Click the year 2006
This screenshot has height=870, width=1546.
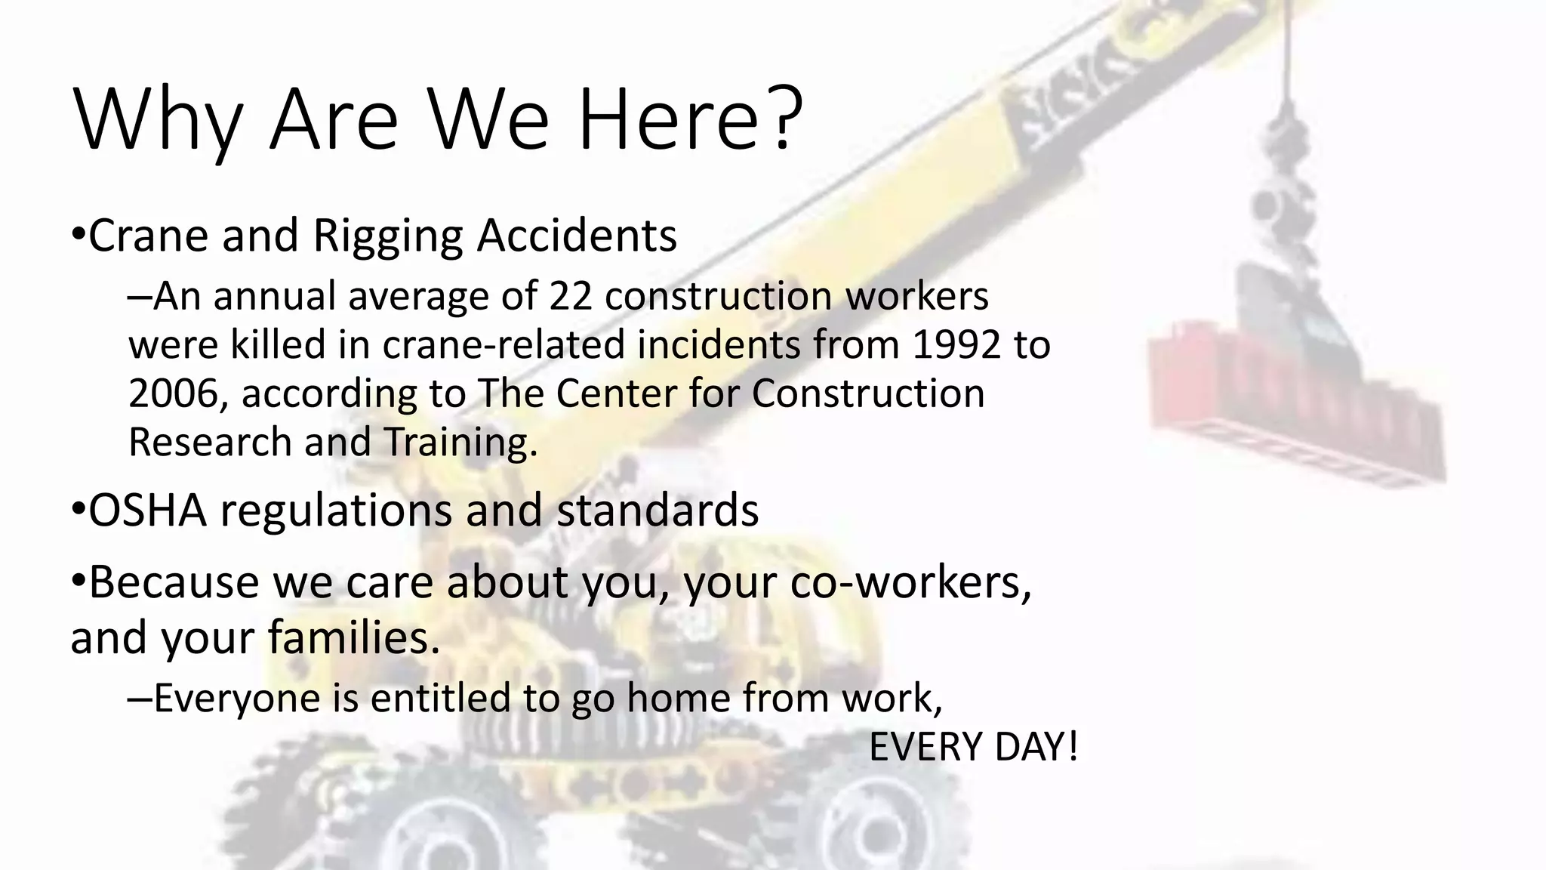[173, 393]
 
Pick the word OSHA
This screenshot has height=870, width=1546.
[148, 510]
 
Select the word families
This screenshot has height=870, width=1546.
[354, 637]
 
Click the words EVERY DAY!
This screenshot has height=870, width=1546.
[973, 747]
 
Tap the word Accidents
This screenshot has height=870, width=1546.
[577, 236]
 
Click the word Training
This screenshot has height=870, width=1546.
[460, 442]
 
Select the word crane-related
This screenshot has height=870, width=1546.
[504, 344]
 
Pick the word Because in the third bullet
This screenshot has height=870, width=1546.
[173, 582]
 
